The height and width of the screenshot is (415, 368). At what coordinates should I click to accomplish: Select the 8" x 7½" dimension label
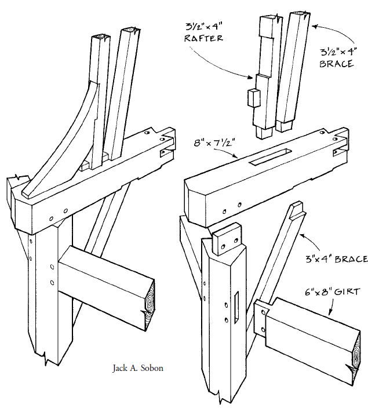point(212,141)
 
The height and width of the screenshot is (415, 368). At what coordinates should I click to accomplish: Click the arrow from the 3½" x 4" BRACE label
point(330,32)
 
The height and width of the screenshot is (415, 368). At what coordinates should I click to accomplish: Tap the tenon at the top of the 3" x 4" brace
point(297,209)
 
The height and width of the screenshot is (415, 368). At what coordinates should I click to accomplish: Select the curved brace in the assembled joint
point(64,145)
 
